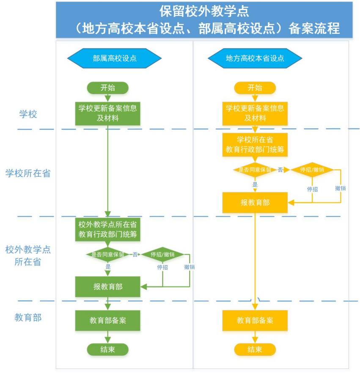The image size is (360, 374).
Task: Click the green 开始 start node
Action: tap(107, 88)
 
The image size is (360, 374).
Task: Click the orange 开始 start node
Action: tap(255, 88)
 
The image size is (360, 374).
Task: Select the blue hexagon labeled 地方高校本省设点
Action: tap(255, 58)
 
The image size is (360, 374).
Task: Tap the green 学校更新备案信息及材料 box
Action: tap(107, 113)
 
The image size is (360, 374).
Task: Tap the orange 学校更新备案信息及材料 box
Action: tap(255, 113)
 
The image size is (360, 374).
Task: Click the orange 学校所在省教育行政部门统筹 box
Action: tap(255, 144)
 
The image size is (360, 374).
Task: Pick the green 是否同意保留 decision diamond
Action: tap(107, 255)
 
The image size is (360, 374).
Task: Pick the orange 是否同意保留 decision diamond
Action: tap(255, 170)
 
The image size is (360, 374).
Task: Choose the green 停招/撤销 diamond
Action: tap(162, 255)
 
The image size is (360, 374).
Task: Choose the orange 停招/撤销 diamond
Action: tap(312, 170)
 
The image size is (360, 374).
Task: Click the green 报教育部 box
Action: tap(107, 287)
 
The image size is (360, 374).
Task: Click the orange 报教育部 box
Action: tap(255, 202)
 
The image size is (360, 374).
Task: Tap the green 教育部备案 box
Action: tap(107, 321)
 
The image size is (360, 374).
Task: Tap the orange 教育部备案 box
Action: tap(255, 321)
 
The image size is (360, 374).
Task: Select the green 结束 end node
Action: tap(107, 349)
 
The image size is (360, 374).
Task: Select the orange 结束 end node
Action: tap(255, 349)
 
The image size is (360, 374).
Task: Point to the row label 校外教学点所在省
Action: tap(27, 256)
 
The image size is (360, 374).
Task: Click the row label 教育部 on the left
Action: tap(28, 317)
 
